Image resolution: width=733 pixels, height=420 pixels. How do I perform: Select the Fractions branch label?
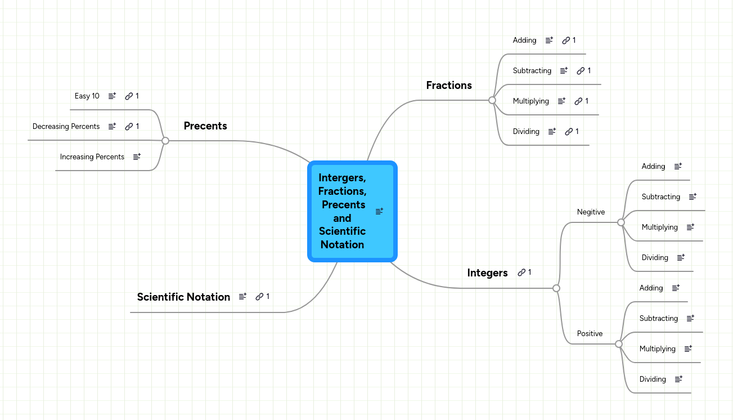pyautogui.click(x=449, y=86)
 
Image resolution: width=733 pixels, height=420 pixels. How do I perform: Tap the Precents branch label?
pyautogui.click(x=205, y=126)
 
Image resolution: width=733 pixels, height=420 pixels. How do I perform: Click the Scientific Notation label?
pyautogui.click(x=183, y=297)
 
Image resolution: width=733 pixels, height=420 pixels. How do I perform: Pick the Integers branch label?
pyautogui.click(x=487, y=273)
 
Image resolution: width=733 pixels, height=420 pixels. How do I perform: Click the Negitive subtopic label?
pyautogui.click(x=591, y=212)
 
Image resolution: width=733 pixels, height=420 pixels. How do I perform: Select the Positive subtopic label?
pyautogui.click(x=590, y=334)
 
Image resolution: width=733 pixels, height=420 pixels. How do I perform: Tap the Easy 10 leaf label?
pyautogui.click(x=87, y=96)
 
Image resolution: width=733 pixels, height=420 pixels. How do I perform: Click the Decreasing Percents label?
pyautogui.click(x=66, y=127)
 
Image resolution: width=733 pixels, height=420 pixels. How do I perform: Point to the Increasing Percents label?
pyautogui.click(x=92, y=157)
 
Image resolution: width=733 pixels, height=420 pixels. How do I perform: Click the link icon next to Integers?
pyautogui.click(x=521, y=272)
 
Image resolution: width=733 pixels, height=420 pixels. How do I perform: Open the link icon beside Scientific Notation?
pyautogui.click(x=259, y=297)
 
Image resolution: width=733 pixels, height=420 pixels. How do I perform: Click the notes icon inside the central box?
pyautogui.click(x=379, y=211)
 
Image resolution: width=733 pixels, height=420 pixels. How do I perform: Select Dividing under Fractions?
pyautogui.click(x=526, y=132)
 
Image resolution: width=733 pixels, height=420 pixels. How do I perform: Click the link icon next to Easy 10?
pyautogui.click(x=129, y=96)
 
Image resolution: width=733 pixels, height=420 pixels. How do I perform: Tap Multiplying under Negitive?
pyautogui.click(x=659, y=227)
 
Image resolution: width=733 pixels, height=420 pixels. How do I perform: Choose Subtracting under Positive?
pyautogui.click(x=658, y=319)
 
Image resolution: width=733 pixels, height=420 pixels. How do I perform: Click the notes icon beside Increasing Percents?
pyautogui.click(x=137, y=157)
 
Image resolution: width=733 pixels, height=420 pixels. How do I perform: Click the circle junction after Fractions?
pyautogui.click(x=492, y=100)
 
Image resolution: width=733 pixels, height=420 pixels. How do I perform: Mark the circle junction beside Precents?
pyautogui.click(x=165, y=141)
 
